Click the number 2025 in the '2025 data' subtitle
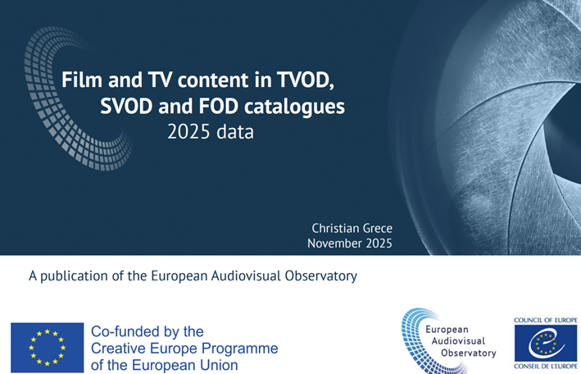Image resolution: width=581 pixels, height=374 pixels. pos(187,131)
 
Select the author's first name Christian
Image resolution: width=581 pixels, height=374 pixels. pos(337,227)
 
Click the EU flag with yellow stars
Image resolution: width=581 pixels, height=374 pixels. pos(47,348)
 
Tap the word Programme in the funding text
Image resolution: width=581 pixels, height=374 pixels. pos(243,349)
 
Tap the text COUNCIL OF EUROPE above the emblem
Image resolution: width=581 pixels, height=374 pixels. pos(546,320)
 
